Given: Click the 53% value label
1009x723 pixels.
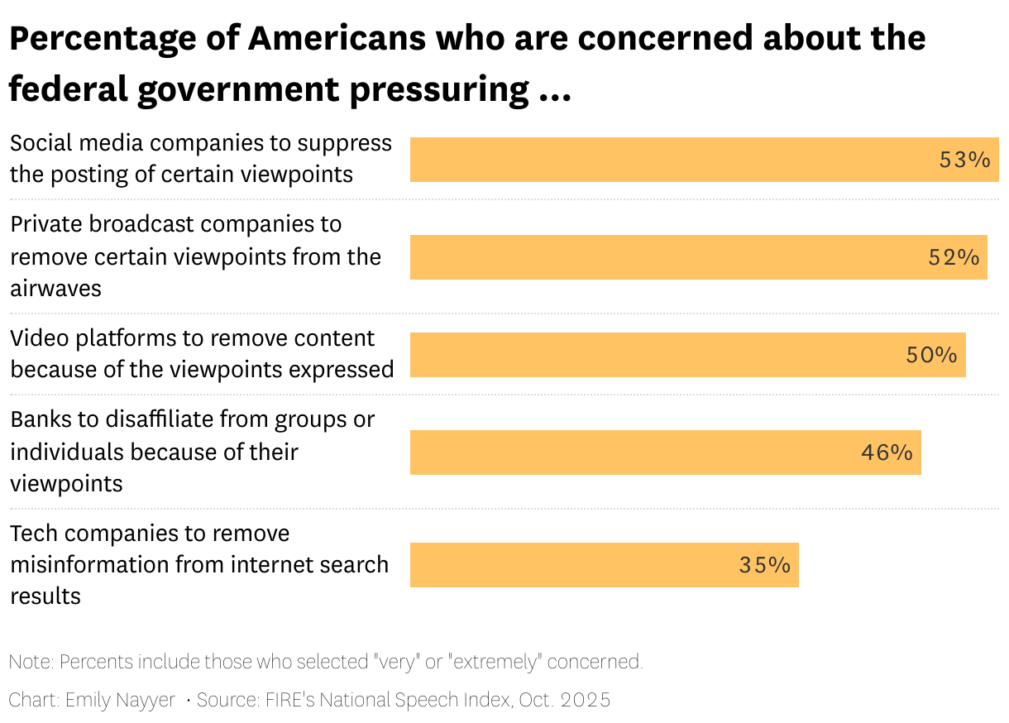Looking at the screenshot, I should point(964,160).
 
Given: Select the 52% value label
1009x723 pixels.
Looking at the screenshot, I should point(954,257).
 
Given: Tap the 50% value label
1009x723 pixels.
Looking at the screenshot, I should point(931,355).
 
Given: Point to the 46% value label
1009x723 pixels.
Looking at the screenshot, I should point(887,452).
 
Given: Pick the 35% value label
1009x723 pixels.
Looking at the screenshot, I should point(764,565).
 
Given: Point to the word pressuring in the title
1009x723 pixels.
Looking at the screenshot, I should point(439,89).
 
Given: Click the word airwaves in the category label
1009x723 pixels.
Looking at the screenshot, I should point(56,288).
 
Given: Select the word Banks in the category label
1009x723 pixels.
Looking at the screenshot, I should point(41,419).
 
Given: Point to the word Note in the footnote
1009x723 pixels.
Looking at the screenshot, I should point(30,662).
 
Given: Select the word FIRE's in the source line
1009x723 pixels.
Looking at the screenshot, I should point(289,700).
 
